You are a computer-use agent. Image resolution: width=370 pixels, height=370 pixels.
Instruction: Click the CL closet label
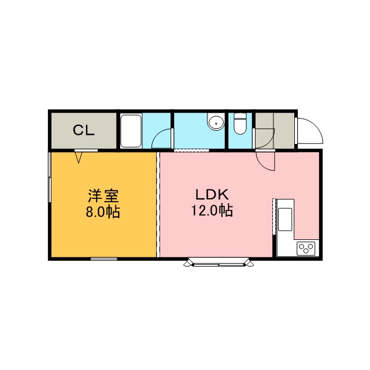tap(83, 130)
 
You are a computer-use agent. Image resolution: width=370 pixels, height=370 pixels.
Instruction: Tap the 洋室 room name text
tap(103, 195)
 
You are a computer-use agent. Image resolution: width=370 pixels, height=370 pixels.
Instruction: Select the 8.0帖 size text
tap(103, 212)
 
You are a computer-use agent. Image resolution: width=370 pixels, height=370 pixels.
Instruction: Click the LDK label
tap(212, 195)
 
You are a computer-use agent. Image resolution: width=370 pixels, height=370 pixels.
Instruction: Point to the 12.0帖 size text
tap(212, 210)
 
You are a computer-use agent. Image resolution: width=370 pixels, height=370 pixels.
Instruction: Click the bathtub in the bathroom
tap(131, 131)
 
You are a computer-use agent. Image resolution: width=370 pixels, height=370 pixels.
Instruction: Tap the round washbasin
tap(216, 122)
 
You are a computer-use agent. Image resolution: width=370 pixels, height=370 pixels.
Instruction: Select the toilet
tap(240, 124)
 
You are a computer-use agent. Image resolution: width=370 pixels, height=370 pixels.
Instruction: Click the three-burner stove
tap(306, 248)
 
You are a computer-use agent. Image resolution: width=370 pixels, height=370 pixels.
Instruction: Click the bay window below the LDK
tap(219, 262)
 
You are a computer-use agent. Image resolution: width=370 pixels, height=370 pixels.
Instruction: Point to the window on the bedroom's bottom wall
tap(104, 259)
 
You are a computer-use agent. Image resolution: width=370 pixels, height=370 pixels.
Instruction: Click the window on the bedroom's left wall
tap(50, 177)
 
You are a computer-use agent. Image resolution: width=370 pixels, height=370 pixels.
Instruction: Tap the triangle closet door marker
tap(79, 157)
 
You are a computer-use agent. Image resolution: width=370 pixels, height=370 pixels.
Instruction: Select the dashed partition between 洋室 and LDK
tap(158, 204)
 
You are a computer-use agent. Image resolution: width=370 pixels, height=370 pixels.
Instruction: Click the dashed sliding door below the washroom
tap(191, 150)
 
